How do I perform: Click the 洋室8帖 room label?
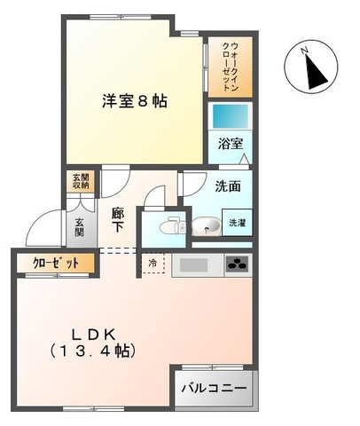(x=133, y=99)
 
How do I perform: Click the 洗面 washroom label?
(x=228, y=188)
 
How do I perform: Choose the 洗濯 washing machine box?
(x=238, y=224)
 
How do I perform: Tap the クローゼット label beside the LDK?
(x=50, y=264)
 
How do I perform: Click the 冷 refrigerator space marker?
(x=152, y=264)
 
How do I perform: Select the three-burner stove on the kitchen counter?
(x=237, y=264)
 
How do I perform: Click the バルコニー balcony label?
(x=215, y=388)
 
